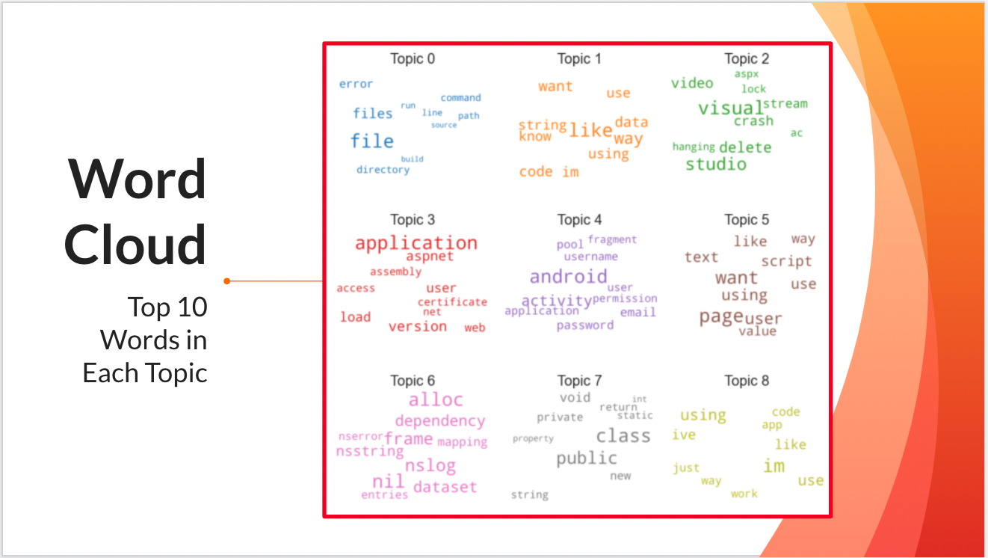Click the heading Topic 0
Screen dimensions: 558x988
click(x=412, y=59)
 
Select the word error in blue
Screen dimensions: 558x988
click(x=356, y=84)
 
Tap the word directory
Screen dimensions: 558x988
click(x=383, y=170)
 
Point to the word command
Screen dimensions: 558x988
click(x=460, y=98)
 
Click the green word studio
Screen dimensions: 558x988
click(x=716, y=164)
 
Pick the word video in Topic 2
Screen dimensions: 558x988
click(x=692, y=83)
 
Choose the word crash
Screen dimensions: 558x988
click(x=753, y=121)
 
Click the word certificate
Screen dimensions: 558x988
click(x=452, y=302)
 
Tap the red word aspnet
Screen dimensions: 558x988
click(x=430, y=257)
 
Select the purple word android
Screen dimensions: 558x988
click(x=568, y=277)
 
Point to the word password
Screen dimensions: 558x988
click(x=585, y=325)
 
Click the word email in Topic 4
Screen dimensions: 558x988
click(x=638, y=313)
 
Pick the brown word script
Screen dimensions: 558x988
click(x=786, y=262)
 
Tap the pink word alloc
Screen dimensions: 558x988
click(x=436, y=399)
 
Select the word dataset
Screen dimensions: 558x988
click(x=445, y=487)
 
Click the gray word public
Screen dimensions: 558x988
click(x=587, y=458)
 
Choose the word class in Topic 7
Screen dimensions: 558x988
click(x=623, y=435)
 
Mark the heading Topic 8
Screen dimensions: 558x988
click(x=747, y=381)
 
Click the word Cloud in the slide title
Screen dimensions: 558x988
click(x=135, y=245)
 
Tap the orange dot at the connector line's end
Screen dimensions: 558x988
click(x=226, y=281)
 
